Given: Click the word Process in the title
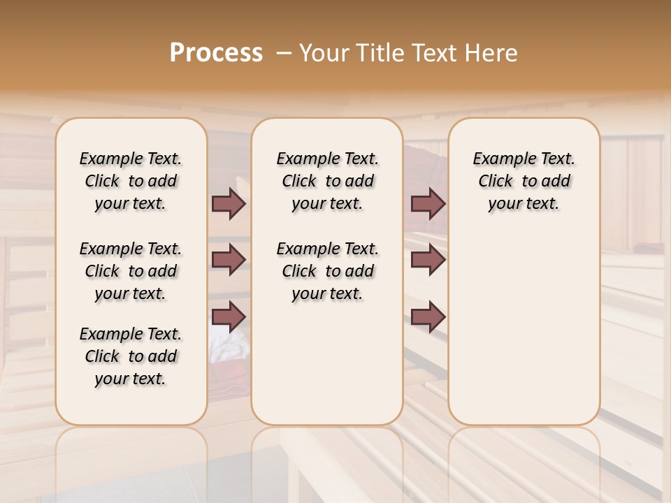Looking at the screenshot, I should [x=216, y=53].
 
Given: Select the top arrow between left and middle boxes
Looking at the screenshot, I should [x=229, y=203].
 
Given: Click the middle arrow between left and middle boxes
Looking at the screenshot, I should [x=229, y=260].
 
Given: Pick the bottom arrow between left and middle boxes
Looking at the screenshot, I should [x=229, y=317].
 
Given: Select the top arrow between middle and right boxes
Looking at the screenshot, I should [x=428, y=203].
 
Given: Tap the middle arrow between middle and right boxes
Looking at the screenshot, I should [x=428, y=260].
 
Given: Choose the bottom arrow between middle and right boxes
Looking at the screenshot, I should [x=428, y=317].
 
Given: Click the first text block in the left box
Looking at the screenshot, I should [x=130, y=181].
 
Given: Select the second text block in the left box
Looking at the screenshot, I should [x=130, y=271].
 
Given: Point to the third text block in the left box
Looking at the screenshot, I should [x=130, y=356].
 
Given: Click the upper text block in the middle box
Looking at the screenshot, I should [x=327, y=181].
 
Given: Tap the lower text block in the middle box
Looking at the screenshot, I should [x=327, y=271].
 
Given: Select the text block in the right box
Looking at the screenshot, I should [x=524, y=181].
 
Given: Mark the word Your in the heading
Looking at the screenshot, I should [x=321, y=53].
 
